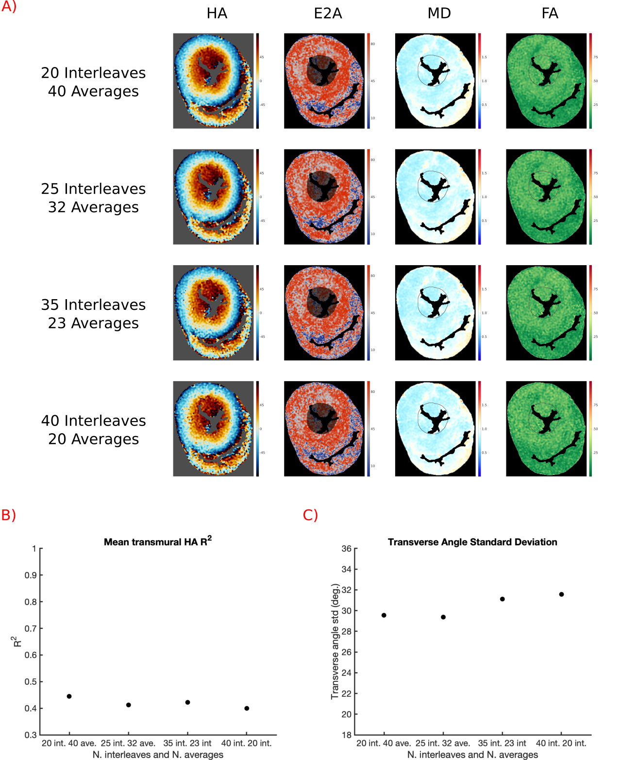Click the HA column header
[x=217, y=13]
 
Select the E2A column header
[x=328, y=13]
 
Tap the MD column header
[x=439, y=13]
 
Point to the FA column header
[x=550, y=13]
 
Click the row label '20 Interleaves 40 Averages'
[x=93, y=82]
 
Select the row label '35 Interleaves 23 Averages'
[x=93, y=314]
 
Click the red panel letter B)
[x=9, y=515]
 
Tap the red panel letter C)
[x=310, y=515]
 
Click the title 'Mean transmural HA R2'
[x=157, y=541]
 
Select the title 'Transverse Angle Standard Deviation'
[x=472, y=542]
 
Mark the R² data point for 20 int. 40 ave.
[x=69, y=696]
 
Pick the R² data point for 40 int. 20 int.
[x=247, y=709]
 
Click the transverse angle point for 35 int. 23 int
[x=502, y=599]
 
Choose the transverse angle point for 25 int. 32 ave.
[x=443, y=617]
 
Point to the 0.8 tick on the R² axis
[x=31, y=602]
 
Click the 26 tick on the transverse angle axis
[x=346, y=652]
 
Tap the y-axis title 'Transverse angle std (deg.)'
[x=335, y=642]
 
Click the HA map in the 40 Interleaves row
[x=213, y=428]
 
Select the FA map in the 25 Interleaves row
[x=546, y=197]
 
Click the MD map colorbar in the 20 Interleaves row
[x=479, y=81]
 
